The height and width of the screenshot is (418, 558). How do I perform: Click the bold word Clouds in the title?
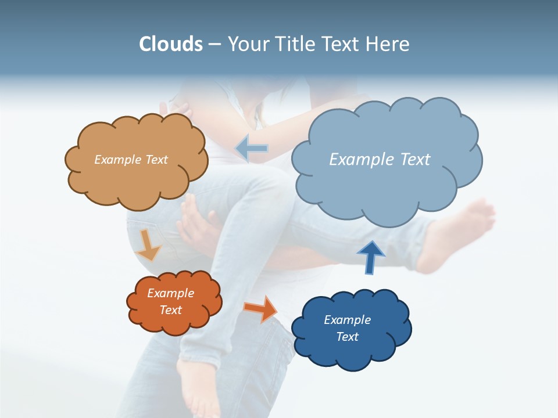[x=171, y=44]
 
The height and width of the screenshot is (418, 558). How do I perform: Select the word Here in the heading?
[x=389, y=44]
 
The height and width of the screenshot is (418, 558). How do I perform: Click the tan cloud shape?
[x=135, y=180]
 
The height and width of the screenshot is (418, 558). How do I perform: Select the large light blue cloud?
[x=387, y=192]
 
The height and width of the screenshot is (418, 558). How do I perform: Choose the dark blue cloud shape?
[x=351, y=354]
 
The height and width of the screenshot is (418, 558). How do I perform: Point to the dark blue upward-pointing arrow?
[x=371, y=257]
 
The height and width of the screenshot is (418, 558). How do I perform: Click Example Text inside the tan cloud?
[x=131, y=160]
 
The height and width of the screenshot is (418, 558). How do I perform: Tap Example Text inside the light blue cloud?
[x=380, y=160]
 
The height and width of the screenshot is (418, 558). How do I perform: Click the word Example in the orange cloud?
[x=170, y=293]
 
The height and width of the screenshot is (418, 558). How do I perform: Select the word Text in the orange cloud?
[x=171, y=310]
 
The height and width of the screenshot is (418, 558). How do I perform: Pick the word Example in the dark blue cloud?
[x=347, y=320]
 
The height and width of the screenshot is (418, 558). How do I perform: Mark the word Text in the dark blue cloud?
[x=347, y=337]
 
